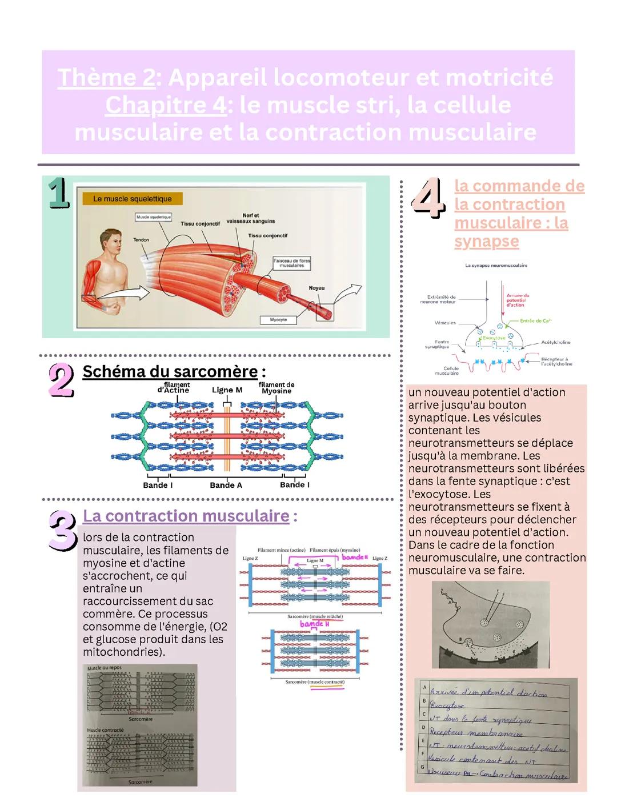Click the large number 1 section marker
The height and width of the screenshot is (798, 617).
[x=58, y=193]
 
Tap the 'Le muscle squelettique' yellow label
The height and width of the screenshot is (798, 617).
[x=132, y=199]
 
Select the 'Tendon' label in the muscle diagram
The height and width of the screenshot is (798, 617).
[x=141, y=240]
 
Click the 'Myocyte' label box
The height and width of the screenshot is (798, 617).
[x=278, y=320]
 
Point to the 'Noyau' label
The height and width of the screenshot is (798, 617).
[x=316, y=288]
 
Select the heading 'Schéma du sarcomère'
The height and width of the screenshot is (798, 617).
[x=170, y=372]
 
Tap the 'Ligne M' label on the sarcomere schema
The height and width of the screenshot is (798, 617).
[x=227, y=390]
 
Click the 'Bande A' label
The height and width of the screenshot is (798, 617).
[x=226, y=485]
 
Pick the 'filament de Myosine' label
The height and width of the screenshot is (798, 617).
[x=277, y=388]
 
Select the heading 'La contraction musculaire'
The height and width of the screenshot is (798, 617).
[x=186, y=516]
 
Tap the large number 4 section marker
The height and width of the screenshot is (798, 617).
[x=428, y=198]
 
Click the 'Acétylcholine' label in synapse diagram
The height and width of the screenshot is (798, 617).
[x=555, y=342]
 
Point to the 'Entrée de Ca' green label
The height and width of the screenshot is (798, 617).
[x=535, y=321]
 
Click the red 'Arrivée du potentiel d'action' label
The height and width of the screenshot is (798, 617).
[x=517, y=300]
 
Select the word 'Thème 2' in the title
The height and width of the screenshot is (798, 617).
[x=106, y=78]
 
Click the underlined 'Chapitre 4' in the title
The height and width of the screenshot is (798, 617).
[x=166, y=105]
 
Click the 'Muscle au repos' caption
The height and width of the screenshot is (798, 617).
[x=104, y=668]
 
